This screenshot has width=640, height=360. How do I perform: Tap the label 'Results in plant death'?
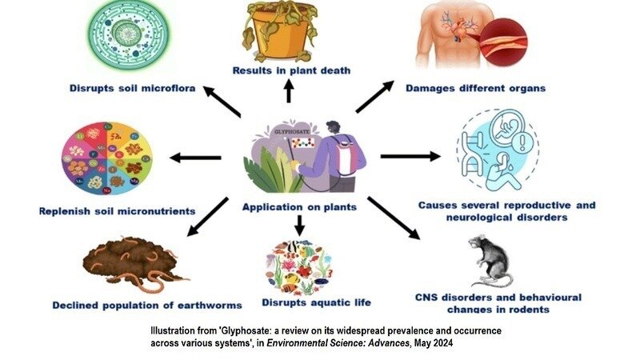coord(291,70)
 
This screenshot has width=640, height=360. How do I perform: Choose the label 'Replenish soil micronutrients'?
coord(117,211)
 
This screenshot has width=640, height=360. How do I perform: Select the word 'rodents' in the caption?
coord(525,309)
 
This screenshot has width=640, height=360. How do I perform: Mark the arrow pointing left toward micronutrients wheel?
coord(190,158)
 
